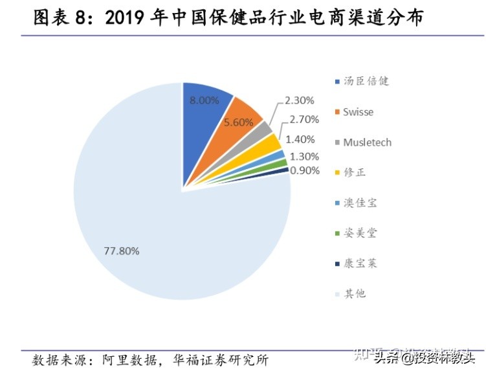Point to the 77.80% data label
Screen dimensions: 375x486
pos(121,251)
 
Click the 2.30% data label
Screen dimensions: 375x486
pos(300,100)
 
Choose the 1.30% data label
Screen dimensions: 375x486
pos(304,156)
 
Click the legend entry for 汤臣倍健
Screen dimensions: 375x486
pos(366,82)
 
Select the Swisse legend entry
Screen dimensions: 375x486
pos(358,112)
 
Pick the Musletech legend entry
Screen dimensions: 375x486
pos(367,142)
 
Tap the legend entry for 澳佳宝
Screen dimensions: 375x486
pos(360,203)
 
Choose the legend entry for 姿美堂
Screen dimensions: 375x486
pos(360,233)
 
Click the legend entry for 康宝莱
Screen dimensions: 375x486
pos(360,264)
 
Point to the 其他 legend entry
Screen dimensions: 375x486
pos(354,293)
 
